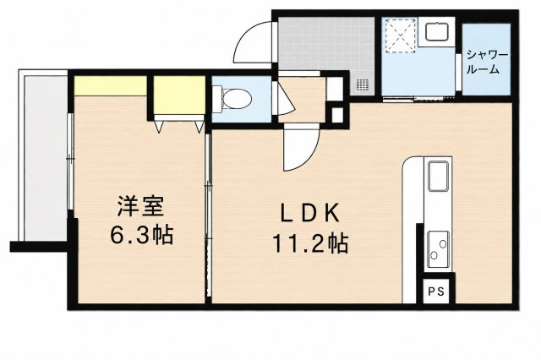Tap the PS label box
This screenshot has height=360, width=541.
tap(436, 292)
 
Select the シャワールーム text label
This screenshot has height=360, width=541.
tap(487, 63)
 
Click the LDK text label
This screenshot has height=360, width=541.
tap(310, 213)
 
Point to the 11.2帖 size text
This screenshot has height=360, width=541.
tap(310, 243)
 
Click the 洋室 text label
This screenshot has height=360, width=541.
tap(141, 205)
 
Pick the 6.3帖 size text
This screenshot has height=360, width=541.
tap(141, 235)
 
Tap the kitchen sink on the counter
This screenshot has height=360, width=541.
tap(438, 177)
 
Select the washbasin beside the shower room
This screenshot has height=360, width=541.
tap(437, 32)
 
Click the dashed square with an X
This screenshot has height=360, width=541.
tap(400, 35)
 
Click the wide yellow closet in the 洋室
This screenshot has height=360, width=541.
tap(111, 86)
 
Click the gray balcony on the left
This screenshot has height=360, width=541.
tap(45, 157)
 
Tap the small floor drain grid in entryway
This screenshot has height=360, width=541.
tap(363, 85)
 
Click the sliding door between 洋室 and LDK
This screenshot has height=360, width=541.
tap(208, 215)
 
